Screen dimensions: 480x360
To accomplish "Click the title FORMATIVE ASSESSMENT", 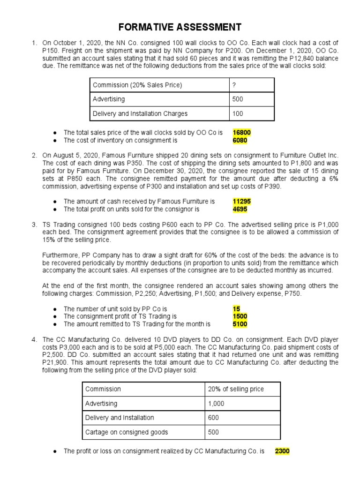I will point(180,27).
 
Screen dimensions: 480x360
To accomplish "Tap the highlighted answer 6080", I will point(240,140).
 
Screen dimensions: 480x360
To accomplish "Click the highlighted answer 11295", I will point(242,202).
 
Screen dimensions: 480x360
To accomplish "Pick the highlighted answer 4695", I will point(240,209).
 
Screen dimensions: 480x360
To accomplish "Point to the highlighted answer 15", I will point(236,309).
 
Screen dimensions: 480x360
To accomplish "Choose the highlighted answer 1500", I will point(240,316).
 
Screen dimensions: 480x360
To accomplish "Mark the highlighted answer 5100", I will point(240,324).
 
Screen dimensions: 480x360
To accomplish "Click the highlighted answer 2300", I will point(282,451).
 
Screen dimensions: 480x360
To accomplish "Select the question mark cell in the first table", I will point(234,85).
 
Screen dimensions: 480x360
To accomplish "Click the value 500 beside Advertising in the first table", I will point(238,99).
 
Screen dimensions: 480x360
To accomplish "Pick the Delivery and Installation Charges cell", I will point(140,113).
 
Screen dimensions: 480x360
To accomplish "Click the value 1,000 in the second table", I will point(216,403).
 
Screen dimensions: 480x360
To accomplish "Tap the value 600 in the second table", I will point(213,417).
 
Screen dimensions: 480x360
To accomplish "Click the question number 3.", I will point(34,225).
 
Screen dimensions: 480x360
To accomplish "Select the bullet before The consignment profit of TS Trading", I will point(55,316).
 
